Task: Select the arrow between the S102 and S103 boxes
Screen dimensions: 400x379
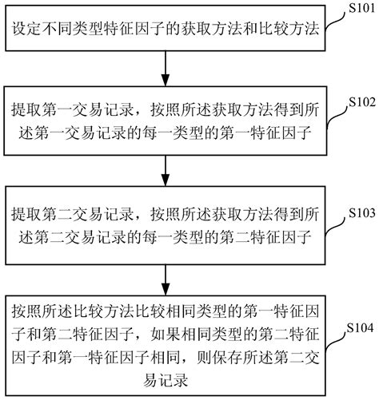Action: (x=165, y=170)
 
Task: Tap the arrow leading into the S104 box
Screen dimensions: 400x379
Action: (x=165, y=279)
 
